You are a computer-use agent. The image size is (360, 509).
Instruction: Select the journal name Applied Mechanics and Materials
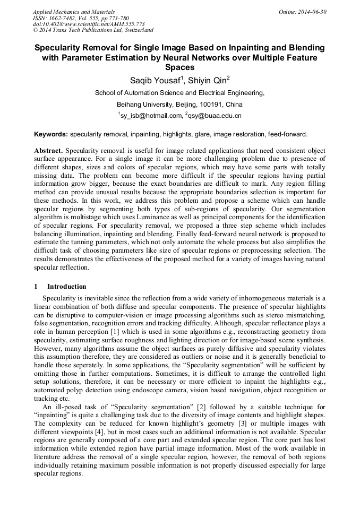pos(73,11)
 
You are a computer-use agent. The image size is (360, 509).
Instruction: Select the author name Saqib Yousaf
pos(156,81)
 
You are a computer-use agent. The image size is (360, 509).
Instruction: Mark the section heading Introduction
pos(66,287)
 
